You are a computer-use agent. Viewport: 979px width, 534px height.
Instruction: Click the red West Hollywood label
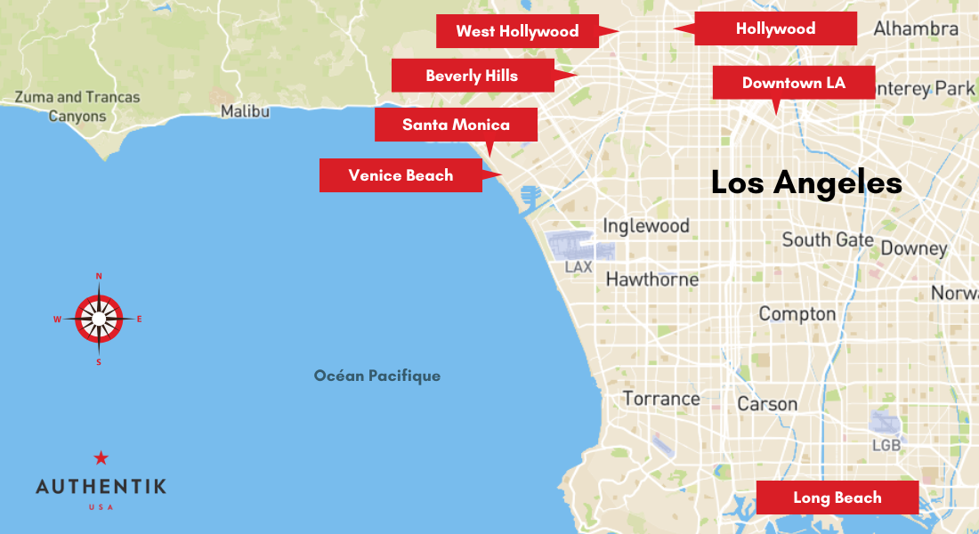click(517, 31)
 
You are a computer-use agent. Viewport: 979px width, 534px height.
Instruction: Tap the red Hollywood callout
click(775, 28)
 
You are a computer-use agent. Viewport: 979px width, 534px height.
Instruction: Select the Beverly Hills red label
click(472, 76)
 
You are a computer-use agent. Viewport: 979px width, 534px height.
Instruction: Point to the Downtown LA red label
click(793, 83)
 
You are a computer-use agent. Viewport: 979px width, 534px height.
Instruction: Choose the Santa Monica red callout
click(456, 125)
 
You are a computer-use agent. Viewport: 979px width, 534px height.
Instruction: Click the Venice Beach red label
click(400, 175)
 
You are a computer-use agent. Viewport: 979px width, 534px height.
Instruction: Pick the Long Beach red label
click(837, 498)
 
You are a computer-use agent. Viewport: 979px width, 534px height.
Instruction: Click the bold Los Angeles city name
click(806, 183)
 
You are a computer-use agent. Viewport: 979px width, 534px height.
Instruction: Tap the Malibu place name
click(245, 111)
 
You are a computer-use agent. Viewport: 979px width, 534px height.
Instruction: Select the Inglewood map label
click(646, 226)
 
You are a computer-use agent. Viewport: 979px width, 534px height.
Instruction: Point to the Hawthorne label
click(652, 279)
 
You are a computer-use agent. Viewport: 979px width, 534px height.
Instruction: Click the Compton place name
click(797, 314)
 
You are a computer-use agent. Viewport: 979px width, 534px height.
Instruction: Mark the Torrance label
click(661, 399)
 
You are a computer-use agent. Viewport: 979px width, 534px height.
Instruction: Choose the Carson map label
click(767, 404)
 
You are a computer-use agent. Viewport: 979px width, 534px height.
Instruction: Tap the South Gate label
click(828, 239)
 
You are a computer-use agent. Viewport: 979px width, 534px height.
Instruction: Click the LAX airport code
click(578, 266)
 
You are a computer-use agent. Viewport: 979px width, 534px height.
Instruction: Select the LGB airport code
click(886, 445)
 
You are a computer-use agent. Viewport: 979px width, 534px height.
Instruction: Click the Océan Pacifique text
click(377, 376)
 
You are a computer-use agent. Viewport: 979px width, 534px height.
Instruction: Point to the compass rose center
click(98, 319)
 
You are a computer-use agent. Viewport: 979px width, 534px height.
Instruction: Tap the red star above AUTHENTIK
click(101, 458)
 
